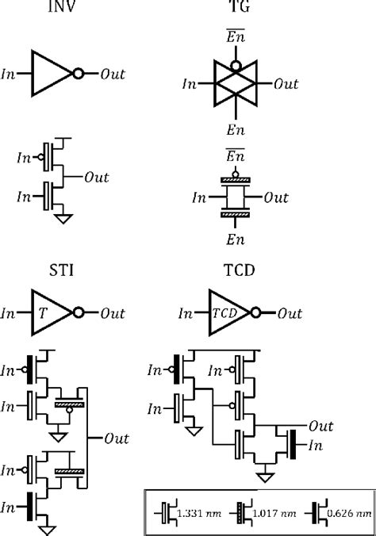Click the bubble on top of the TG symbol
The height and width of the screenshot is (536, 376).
point(232,57)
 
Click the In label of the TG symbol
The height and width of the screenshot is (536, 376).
point(190,82)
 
